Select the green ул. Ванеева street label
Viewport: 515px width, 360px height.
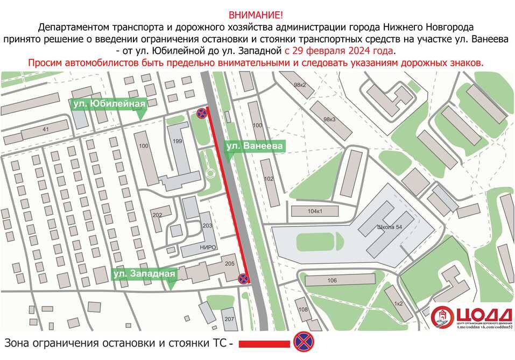click(253, 146)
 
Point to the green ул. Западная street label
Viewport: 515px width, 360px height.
click(145, 274)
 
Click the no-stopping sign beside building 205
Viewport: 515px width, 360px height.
click(243, 278)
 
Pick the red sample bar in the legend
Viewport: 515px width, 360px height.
click(264, 343)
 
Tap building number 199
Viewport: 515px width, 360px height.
click(177, 141)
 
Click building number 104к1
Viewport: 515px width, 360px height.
click(315, 211)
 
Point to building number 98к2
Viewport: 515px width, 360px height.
click(300, 86)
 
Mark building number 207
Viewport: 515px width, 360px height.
click(230, 319)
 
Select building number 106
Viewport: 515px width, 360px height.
click(331, 280)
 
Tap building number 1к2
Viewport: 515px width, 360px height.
click(398, 303)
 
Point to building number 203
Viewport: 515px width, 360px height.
click(207, 226)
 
